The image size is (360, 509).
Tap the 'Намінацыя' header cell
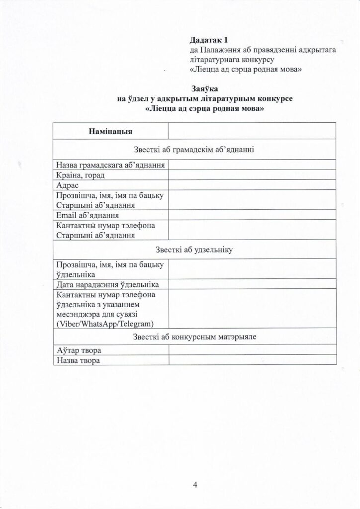click(110, 132)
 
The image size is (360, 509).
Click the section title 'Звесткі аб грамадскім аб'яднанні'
click(194, 149)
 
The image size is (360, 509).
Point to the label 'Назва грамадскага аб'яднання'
click(110, 165)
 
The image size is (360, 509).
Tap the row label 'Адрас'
click(66, 185)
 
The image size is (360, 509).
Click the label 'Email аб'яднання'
click(87, 215)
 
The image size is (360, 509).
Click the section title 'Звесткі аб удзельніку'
click(194, 250)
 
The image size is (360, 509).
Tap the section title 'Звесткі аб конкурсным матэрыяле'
click(194, 337)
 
